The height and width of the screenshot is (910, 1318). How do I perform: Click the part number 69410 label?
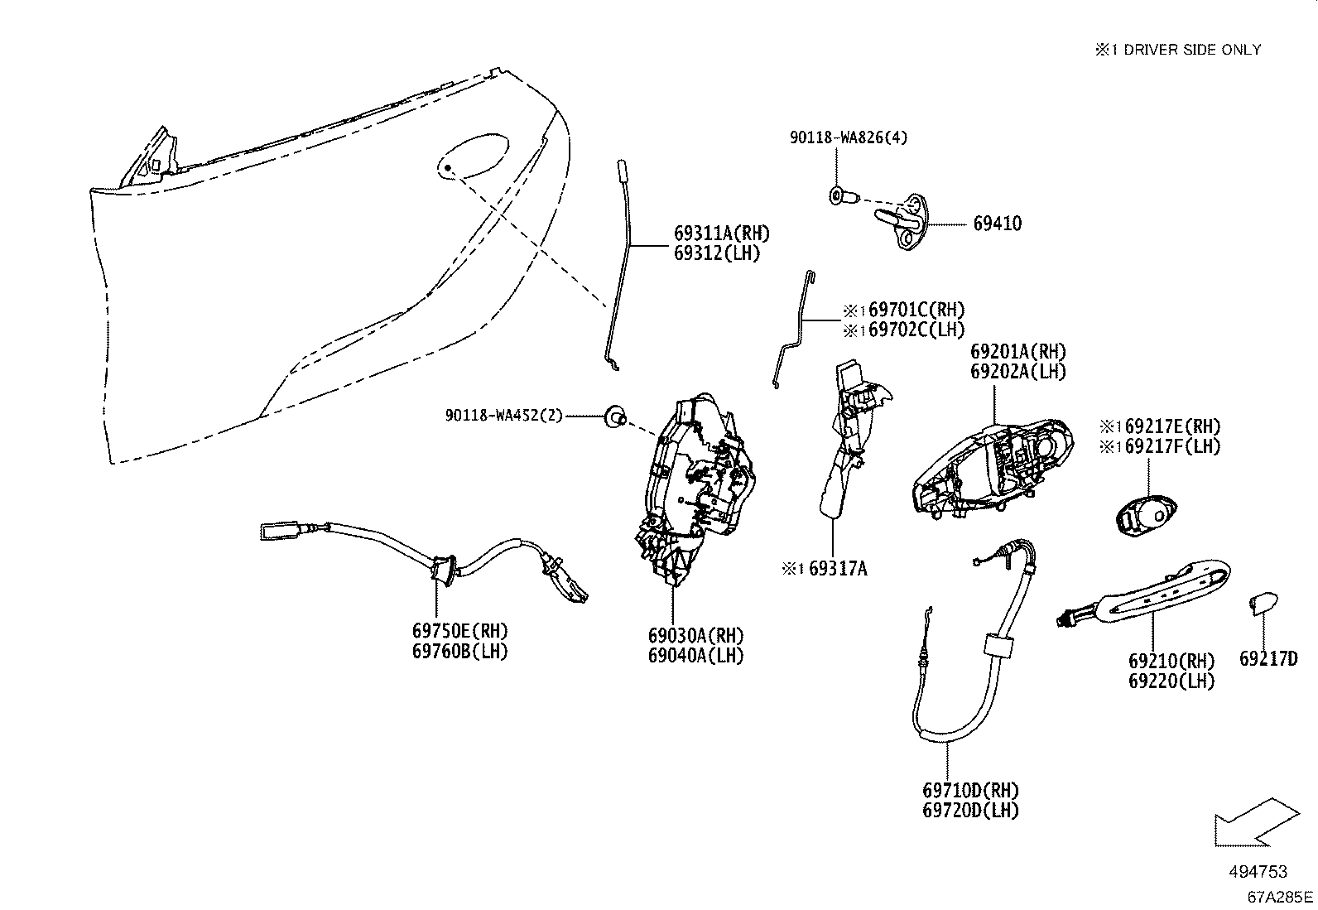[x=997, y=224]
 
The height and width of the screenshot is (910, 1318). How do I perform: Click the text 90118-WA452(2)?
[x=503, y=416]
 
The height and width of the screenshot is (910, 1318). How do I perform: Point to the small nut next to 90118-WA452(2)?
[x=613, y=416]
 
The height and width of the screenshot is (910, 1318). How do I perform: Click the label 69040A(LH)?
[x=695, y=656]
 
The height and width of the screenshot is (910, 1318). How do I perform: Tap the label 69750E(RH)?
[x=459, y=632]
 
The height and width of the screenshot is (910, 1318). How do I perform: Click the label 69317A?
[x=837, y=568]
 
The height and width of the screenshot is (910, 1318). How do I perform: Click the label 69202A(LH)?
[x=1018, y=372]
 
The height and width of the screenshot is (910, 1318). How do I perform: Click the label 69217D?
[x=1267, y=659]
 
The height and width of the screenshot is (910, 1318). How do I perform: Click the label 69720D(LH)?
[x=970, y=811]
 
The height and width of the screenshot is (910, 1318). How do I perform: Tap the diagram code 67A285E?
[x=1280, y=897]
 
